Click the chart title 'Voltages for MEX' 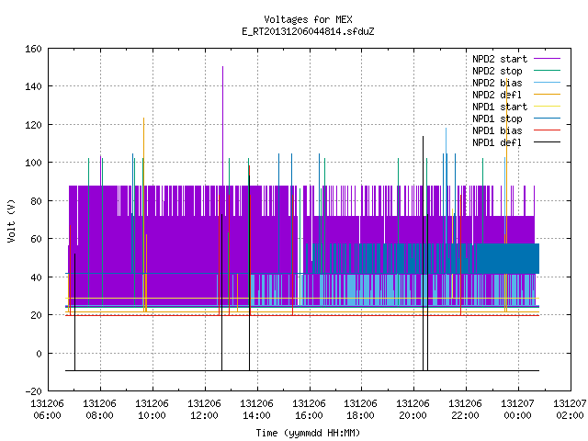click(x=308, y=19)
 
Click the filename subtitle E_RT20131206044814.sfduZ click(x=308, y=31)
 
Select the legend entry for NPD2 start click(x=516, y=59)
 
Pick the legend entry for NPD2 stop click(x=516, y=71)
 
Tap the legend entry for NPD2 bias click(x=516, y=83)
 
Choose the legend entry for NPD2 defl click(x=516, y=95)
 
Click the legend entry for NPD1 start click(x=516, y=107)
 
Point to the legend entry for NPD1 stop click(x=516, y=119)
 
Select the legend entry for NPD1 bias click(x=516, y=130)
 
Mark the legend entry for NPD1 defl click(x=516, y=142)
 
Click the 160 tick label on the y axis click(x=33, y=49)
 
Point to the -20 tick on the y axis click(x=33, y=391)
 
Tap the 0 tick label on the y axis click(x=39, y=353)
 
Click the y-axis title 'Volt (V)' click(x=11, y=220)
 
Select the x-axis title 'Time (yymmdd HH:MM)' click(x=308, y=433)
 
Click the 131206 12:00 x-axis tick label click(x=204, y=410)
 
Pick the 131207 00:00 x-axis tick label click(x=518, y=410)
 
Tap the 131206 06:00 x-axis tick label click(x=48, y=410)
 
